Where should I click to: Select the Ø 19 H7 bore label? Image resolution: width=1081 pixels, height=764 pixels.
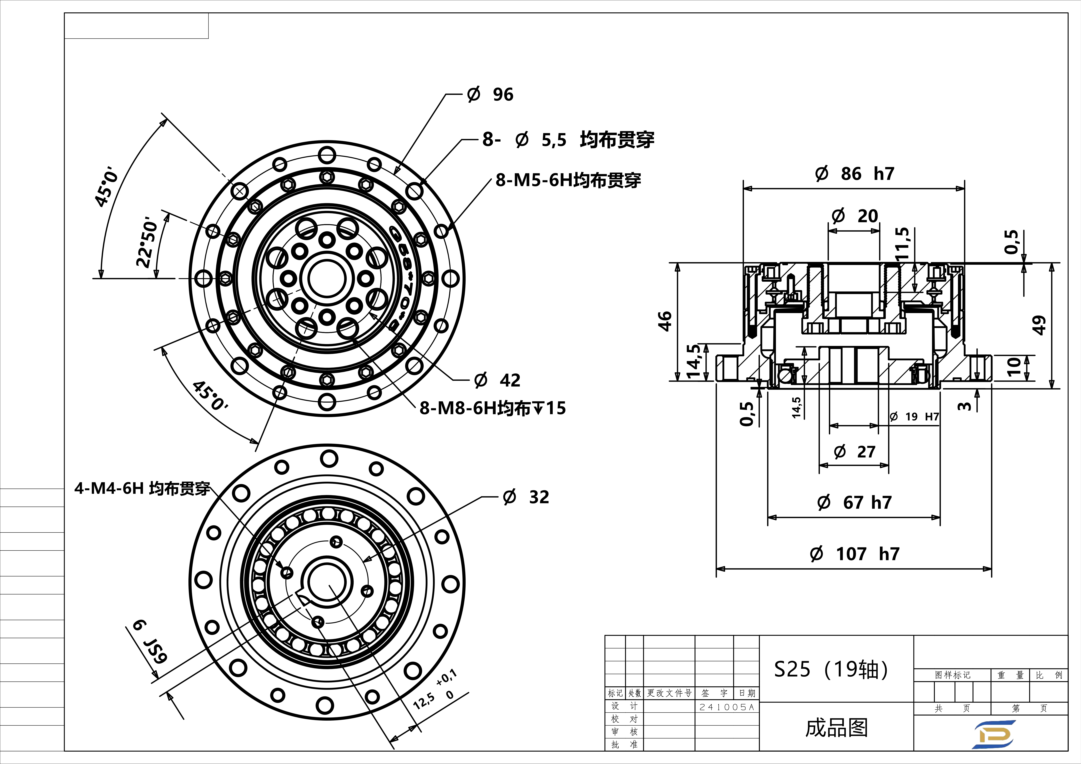point(914,417)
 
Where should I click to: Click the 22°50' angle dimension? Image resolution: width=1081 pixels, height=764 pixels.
point(146,242)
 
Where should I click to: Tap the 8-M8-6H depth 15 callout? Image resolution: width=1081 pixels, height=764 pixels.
point(492,408)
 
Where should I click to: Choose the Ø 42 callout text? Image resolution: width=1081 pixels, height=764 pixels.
point(497,380)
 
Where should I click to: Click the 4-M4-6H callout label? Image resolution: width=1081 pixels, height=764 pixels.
point(142,489)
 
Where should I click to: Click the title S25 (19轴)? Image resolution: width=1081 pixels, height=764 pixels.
point(831,669)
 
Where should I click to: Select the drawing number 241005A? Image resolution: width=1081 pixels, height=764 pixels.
point(726,707)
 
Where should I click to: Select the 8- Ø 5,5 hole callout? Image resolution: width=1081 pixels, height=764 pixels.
point(568,140)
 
